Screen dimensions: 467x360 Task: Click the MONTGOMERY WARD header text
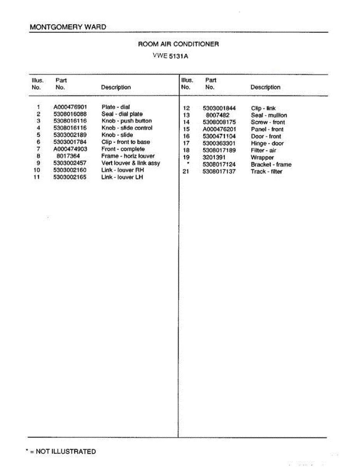pyautogui.click(x=68, y=27)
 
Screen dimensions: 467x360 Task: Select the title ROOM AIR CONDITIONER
pyautogui.click(x=178, y=44)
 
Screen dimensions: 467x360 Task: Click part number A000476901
pyautogui.click(x=70, y=107)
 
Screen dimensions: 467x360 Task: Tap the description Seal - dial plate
pyautogui.click(x=122, y=114)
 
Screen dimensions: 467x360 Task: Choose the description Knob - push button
pyautogui.click(x=126, y=121)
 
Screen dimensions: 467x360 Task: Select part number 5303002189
pyautogui.click(x=70, y=135)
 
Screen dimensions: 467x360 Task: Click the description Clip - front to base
pyautogui.click(x=125, y=142)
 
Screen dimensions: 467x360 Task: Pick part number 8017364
pyautogui.click(x=68, y=156)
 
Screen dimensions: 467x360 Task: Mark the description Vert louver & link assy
pyautogui.click(x=130, y=163)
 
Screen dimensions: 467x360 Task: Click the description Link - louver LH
pyautogui.click(x=122, y=177)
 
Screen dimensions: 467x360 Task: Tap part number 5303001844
pyautogui.click(x=219, y=109)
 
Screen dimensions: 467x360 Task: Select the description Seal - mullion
pyautogui.click(x=269, y=116)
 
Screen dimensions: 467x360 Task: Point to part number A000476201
pyautogui.click(x=219, y=130)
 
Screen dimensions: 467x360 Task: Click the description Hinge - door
pyautogui.click(x=267, y=144)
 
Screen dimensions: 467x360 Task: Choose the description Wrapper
pyautogui.click(x=262, y=158)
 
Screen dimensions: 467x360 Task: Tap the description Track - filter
pyautogui.click(x=266, y=172)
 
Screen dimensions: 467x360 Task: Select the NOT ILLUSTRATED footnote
pyautogui.click(x=61, y=451)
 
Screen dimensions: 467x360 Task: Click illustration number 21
pyautogui.click(x=186, y=172)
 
